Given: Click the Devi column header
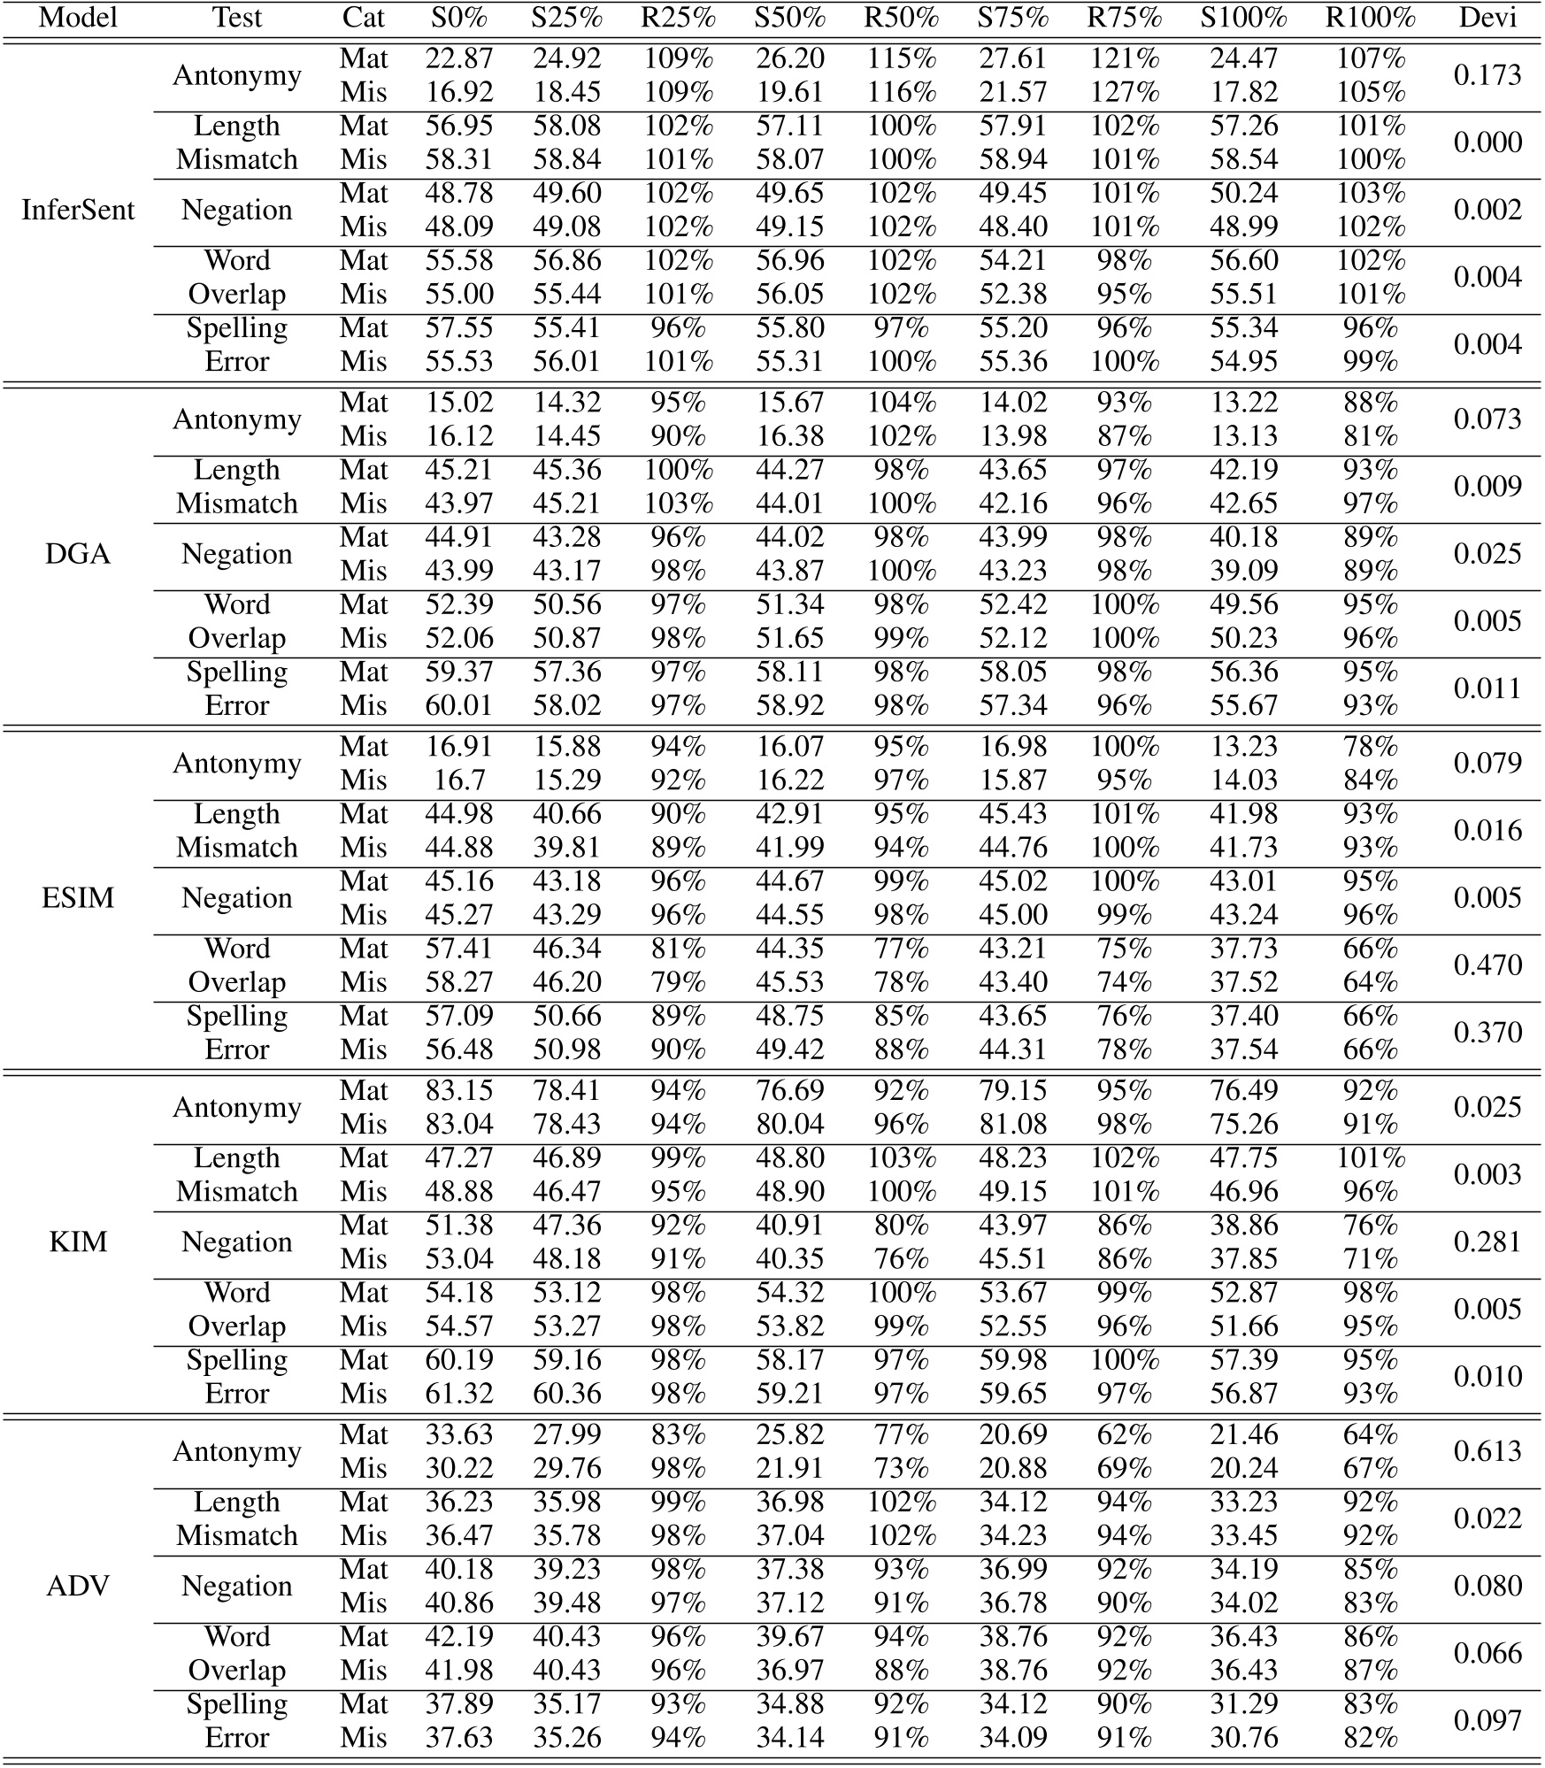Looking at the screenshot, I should click(x=1487, y=18).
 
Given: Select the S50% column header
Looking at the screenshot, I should click(x=789, y=18).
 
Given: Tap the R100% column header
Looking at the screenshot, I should click(x=1370, y=18).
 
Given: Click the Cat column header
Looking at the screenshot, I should click(x=363, y=18).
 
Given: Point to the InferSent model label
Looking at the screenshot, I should click(x=78, y=210).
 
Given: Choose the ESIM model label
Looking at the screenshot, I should click(x=78, y=898).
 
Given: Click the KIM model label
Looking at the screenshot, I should click(x=78, y=1241).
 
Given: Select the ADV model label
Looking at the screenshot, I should click(x=78, y=1586).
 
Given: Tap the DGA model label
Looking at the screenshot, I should click(x=78, y=554).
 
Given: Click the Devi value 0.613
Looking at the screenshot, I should click(x=1487, y=1451).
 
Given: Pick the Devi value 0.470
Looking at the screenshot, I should click(x=1487, y=965).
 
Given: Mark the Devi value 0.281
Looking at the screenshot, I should click(x=1487, y=1241).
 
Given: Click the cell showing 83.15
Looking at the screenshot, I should click(x=458, y=1091).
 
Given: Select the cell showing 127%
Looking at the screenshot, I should click(x=1123, y=93).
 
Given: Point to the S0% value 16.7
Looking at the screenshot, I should click(x=458, y=780).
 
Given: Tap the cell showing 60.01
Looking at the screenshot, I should click(x=458, y=706).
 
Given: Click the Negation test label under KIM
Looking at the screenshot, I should click(x=236, y=1241).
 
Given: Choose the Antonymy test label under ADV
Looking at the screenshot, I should click(x=236, y=1451).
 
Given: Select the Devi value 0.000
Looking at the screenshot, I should click(x=1487, y=142).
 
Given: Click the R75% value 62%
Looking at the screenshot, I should click(x=1123, y=1434).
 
